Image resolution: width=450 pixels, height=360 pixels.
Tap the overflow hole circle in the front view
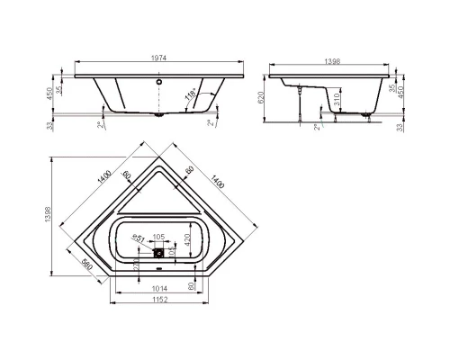(x=161, y=82)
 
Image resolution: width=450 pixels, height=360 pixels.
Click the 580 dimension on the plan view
(x=86, y=266)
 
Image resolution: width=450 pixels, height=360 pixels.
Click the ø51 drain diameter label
(x=139, y=238)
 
